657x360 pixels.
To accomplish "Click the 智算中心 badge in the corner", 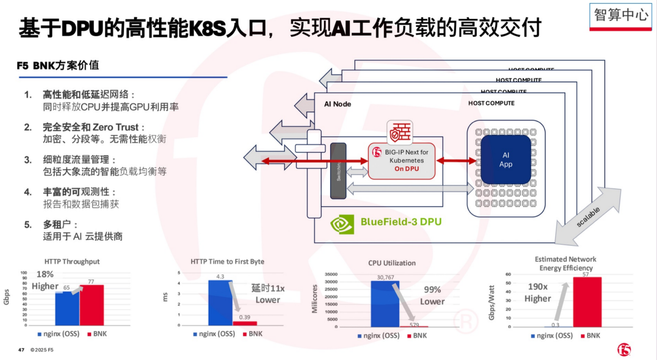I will coord(621,15).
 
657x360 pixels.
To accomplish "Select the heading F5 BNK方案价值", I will coord(58,66).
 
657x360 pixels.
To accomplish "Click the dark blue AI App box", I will coord(506,160).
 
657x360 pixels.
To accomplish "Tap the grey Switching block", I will coord(338,170).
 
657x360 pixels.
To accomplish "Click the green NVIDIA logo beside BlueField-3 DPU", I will coord(342,223).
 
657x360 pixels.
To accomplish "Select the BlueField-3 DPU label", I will coord(401,223).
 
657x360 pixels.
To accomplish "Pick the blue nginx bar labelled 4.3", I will coord(220,303).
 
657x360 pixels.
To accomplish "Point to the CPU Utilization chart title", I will coord(392,263).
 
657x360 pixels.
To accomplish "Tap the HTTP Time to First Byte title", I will coord(227,262).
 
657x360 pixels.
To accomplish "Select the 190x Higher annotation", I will coord(538,292).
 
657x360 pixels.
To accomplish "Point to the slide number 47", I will coord(21,350).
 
